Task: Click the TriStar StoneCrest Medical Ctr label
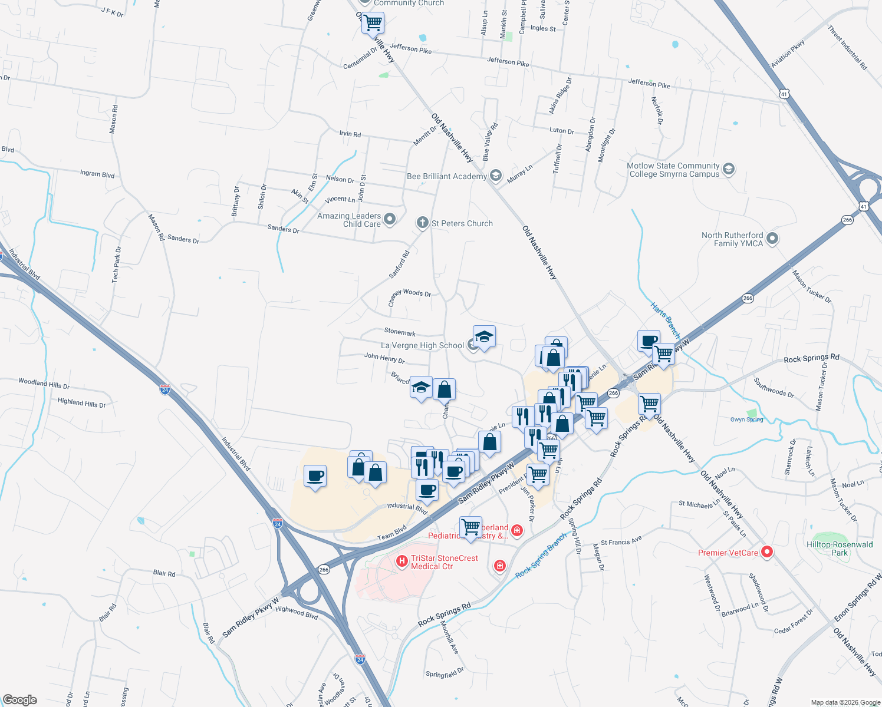coord(445,562)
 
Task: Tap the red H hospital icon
coord(402,561)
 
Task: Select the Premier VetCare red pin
coord(767,552)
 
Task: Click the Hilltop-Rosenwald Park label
coord(840,549)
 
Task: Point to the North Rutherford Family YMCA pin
coord(772,239)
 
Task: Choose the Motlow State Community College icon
coord(729,170)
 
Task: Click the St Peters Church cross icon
coord(422,223)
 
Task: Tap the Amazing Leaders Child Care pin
coord(389,220)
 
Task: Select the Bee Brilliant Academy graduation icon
coord(495,176)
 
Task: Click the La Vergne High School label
coord(422,345)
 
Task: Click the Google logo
coord(20,700)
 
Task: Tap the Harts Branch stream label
coord(665,320)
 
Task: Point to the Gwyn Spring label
coord(746,419)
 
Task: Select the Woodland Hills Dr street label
coord(44,384)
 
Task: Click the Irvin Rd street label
coord(350,134)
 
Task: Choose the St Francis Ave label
coord(621,541)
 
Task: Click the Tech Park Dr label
coord(117,265)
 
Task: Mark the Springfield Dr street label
coord(445,673)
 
